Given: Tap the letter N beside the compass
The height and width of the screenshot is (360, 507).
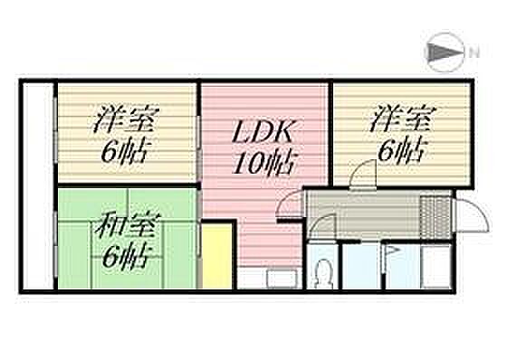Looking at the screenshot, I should point(474,53).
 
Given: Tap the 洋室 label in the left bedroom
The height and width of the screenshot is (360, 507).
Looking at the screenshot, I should point(126,119).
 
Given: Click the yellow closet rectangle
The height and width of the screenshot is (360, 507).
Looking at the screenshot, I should point(217,255).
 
